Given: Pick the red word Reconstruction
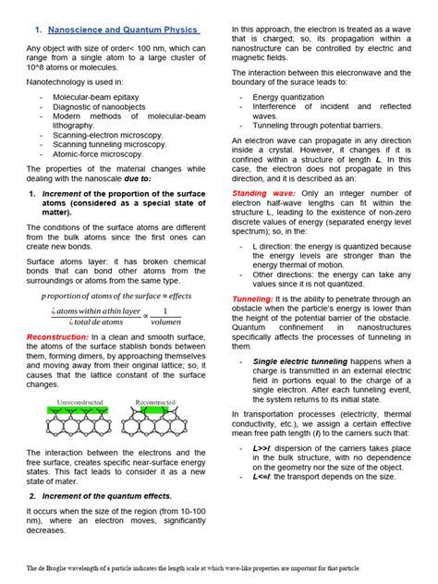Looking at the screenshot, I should point(56,337).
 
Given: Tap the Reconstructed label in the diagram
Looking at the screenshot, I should point(159,377).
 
